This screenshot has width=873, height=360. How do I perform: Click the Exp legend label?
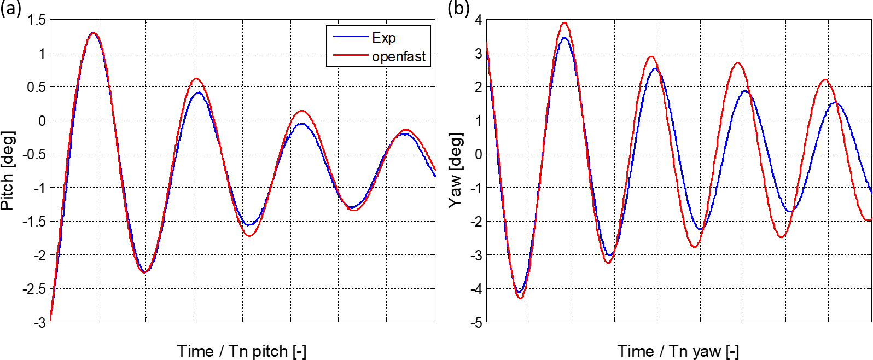click(383, 38)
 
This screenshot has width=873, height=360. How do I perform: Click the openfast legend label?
click(399, 56)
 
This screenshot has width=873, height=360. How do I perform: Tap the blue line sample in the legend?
click(350, 37)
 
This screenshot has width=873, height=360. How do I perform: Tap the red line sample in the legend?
click(350, 55)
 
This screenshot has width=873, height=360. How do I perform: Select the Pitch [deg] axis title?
click(8, 171)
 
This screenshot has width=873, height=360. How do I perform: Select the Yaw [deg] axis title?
click(455, 170)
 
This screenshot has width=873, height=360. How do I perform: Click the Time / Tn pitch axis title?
click(242, 351)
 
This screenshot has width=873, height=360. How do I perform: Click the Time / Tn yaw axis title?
click(678, 351)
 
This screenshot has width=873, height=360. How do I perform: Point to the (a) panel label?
click(11, 8)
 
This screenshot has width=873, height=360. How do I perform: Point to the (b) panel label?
click(458, 8)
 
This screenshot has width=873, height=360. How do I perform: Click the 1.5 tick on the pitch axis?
click(37, 20)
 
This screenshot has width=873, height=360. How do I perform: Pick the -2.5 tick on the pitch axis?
click(34, 289)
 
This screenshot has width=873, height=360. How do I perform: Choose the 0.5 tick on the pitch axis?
click(37, 88)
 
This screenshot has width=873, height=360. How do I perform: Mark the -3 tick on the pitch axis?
click(39, 322)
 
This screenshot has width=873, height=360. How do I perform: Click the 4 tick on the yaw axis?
click(479, 20)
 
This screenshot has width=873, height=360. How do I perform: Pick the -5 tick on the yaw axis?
click(476, 322)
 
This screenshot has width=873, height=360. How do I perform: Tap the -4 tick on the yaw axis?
click(476, 289)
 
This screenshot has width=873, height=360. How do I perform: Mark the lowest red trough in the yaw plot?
click(520, 298)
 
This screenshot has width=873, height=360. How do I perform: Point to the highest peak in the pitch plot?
click(93, 33)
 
